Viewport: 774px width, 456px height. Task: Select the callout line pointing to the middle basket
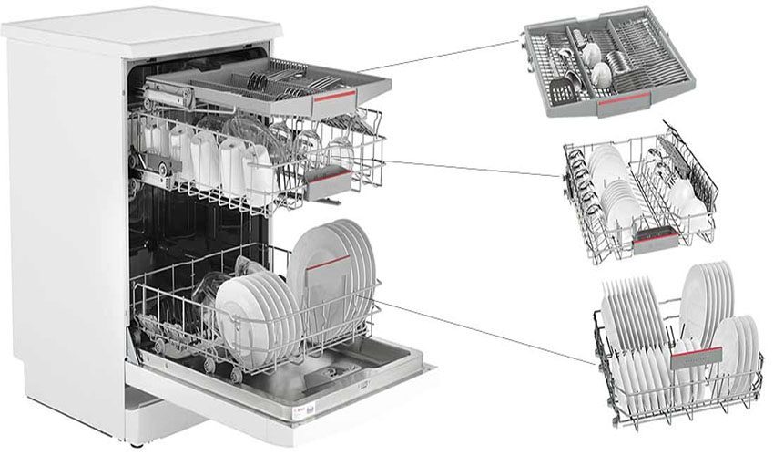coord(474,171)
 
